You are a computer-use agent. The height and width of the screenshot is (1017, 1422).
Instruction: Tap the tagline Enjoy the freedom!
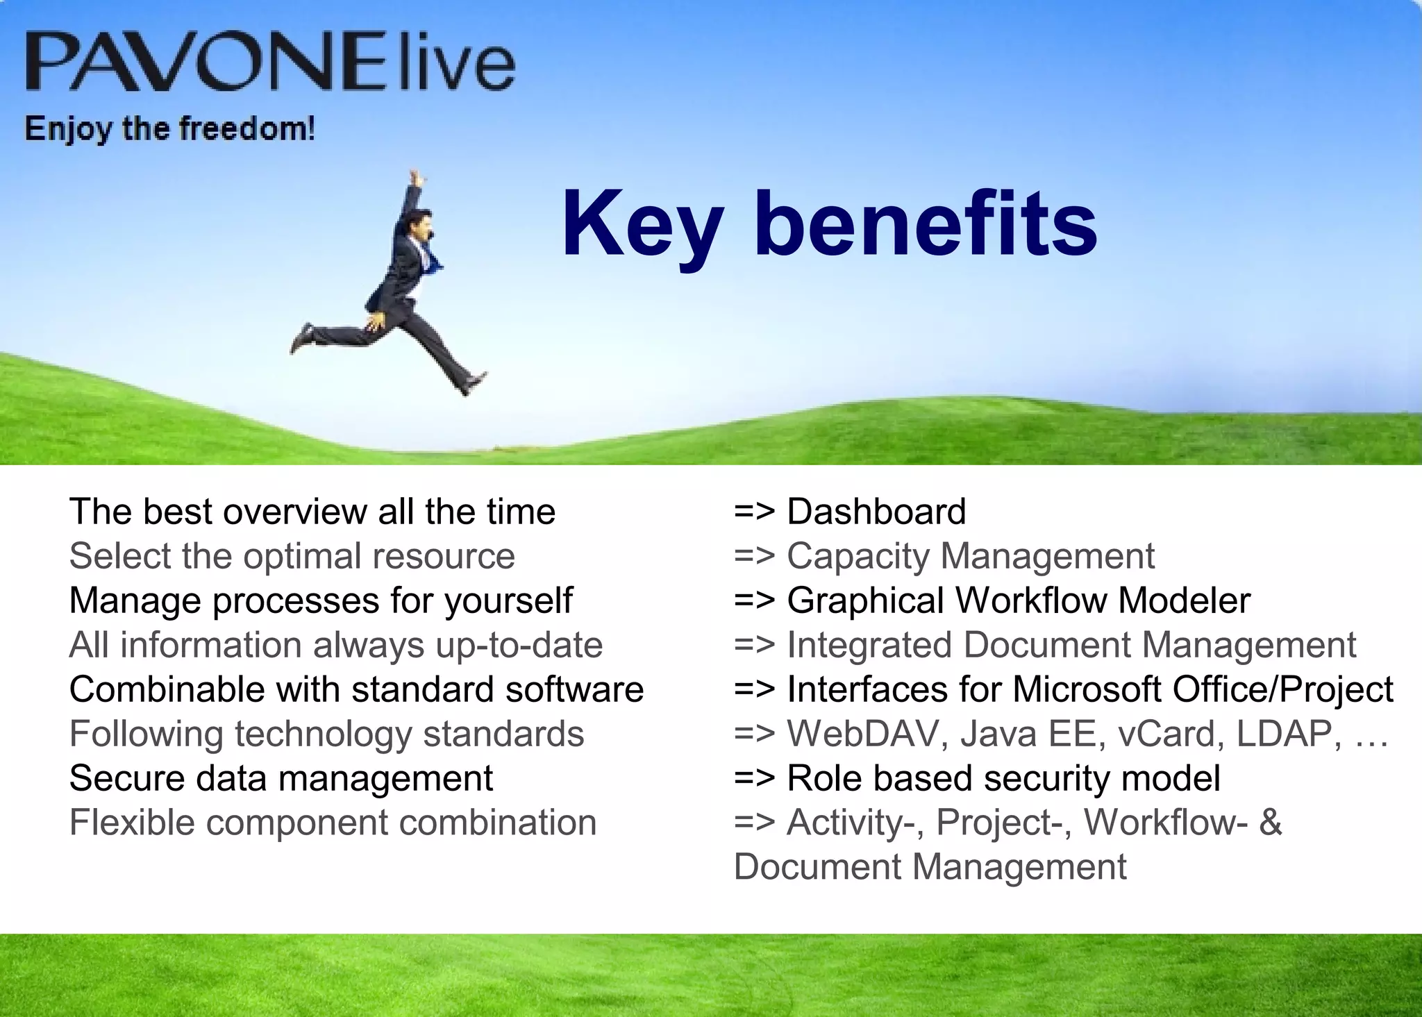point(169,129)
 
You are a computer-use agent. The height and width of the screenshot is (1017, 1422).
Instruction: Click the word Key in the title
point(642,226)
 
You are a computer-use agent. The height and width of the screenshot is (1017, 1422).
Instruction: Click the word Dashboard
point(876,512)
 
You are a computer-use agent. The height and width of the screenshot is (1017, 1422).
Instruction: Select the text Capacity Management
point(970,556)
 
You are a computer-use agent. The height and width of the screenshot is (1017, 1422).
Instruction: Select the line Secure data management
point(281,778)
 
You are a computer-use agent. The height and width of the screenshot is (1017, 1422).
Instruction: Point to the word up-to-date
point(519,645)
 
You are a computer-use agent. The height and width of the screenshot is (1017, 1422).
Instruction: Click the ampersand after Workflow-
point(1270,823)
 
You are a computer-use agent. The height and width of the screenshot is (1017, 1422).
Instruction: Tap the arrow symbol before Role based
point(753,779)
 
